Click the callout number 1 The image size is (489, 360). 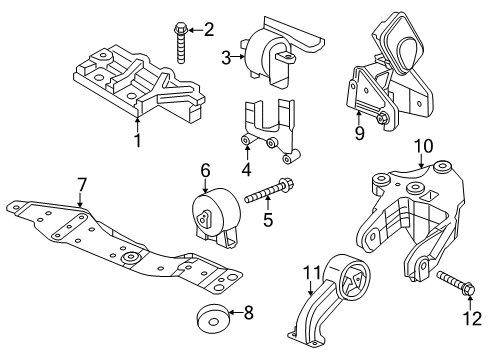click(137, 140)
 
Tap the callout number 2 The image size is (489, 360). click(208, 30)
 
